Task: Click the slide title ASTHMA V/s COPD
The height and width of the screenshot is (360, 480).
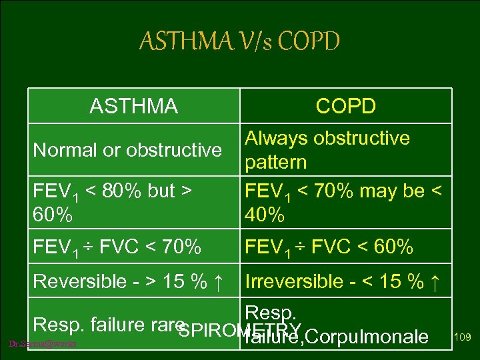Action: click(x=239, y=41)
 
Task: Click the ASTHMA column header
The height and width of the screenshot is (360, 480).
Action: click(x=134, y=106)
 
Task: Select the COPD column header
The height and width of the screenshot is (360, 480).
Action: click(x=345, y=106)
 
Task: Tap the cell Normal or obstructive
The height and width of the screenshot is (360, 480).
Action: click(x=127, y=150)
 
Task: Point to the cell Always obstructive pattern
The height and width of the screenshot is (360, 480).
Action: click(x=327, y=150)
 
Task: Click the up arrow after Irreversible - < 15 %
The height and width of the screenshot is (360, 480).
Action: click(x=435, y=281)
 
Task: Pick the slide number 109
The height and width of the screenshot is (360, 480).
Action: click(x=462, y=337)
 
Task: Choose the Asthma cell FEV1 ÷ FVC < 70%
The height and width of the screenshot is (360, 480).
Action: click(x=117, y=248)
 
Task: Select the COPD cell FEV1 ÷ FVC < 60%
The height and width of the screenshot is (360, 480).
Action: click(x=329, y=248)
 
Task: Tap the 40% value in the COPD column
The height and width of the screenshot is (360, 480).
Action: click(x=265, y=215)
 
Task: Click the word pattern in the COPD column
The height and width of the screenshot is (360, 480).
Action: click(x=276, y=162)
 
